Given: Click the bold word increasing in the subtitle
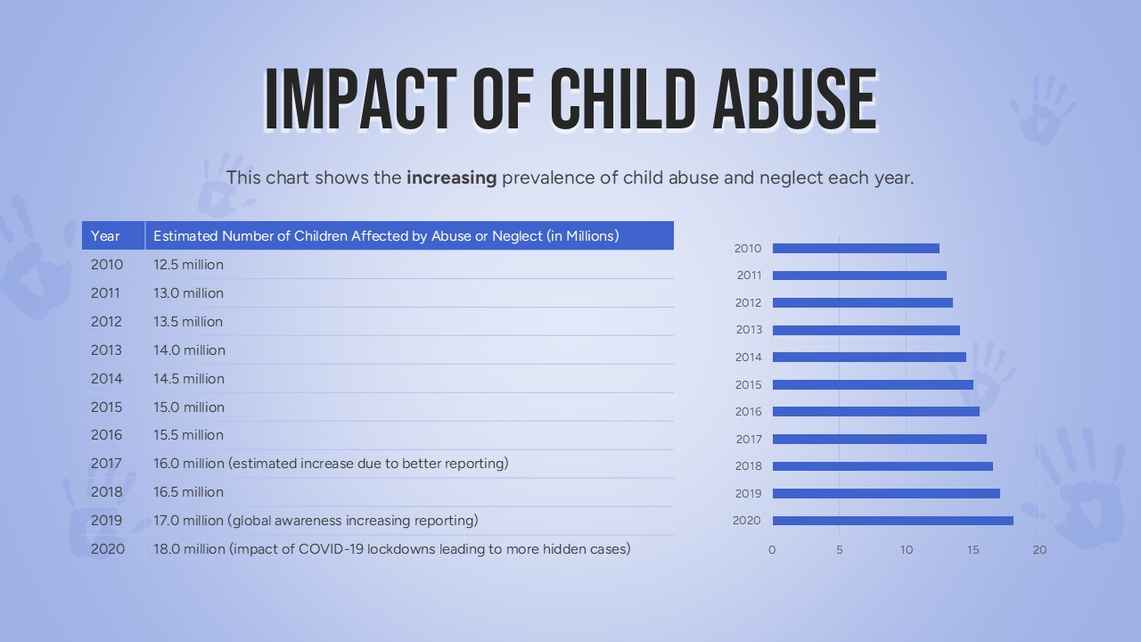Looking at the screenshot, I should click(451, 177).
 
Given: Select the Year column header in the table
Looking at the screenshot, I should click(105, 236).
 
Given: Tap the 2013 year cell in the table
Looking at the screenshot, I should click(106, 350).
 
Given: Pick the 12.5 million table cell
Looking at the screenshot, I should click(188, 265).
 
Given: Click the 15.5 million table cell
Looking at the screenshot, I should click(188, 435).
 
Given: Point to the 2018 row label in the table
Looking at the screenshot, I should click(106, 492).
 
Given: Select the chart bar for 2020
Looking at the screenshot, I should click(892, 521).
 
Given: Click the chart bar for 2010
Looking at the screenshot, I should click(856, 249).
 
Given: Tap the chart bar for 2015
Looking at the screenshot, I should click(873, 385).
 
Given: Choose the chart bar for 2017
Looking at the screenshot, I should click(879, 439).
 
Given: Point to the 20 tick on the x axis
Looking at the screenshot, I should click(1039, 550).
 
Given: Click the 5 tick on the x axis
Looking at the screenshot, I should click(839, 550).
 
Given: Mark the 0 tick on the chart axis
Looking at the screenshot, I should click(772, 550).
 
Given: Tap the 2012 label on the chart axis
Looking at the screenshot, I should click(748, 303).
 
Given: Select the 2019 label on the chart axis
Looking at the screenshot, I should click(748, 494).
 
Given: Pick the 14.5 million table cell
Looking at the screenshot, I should click(188, 379).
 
